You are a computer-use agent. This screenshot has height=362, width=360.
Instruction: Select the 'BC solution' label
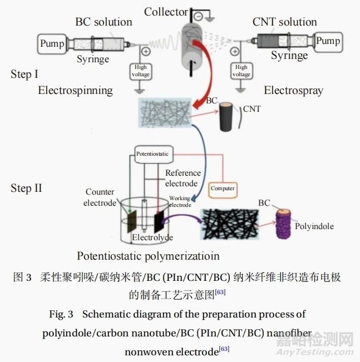pos(103,22)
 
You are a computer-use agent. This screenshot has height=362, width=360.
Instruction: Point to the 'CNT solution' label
pos(284,22)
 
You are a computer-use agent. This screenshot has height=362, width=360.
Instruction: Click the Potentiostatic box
pos(154,153)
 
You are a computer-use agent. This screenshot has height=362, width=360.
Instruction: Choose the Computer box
pos(223,188)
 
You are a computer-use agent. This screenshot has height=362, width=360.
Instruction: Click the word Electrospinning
pos(75,90)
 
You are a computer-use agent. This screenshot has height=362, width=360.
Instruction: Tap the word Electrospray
pos(293,90)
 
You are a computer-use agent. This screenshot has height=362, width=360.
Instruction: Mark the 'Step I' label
pos(24,75)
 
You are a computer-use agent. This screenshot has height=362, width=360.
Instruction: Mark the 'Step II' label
pos(26,188)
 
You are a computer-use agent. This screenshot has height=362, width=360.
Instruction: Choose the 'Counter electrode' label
pos(101,197)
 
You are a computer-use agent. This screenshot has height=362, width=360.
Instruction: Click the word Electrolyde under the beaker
pos(152,237)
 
